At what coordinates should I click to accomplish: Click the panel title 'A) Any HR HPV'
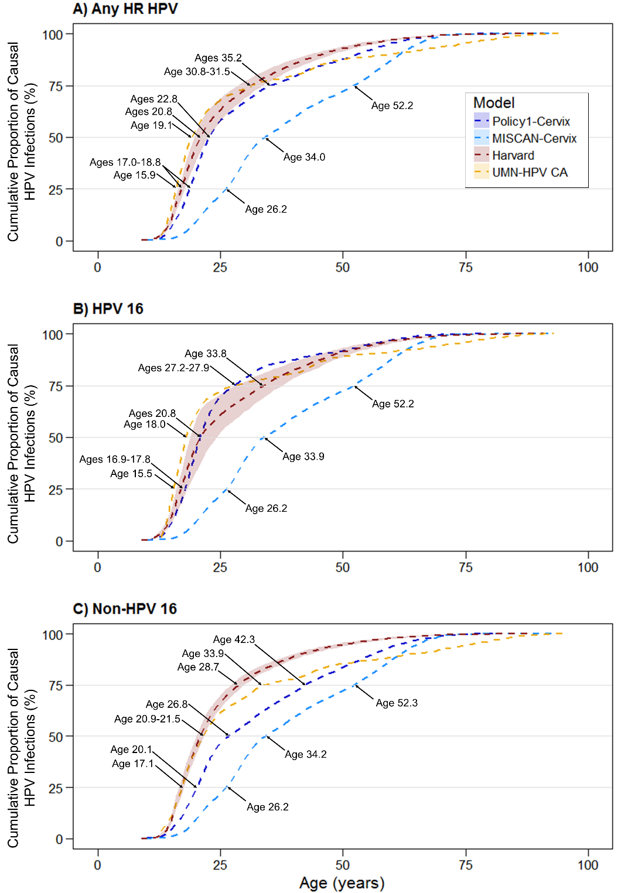[x=125, y=9]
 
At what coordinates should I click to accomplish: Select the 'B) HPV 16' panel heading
[x=108, y=309]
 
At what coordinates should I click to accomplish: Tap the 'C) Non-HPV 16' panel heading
[x=125, y=609]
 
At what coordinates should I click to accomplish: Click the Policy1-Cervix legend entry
[x=530, y=122]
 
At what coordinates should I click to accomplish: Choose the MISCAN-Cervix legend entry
[x=534, y=139]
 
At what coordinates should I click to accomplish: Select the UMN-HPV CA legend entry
[x=529, y=173]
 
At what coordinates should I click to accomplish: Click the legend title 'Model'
[x=494, y=103]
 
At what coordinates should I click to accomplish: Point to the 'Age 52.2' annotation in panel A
[x=392, y=106]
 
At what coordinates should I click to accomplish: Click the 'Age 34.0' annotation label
[x=304, y=158]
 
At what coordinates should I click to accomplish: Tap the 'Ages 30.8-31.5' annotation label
[x=197, y=72]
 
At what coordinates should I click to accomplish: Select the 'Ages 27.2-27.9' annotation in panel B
[x=173, y=368]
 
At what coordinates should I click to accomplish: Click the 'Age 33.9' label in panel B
[x=303, y=457]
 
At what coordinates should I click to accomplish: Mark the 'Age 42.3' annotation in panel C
[x=234, y=640]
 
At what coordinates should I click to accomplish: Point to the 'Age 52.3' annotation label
[x=397, y=703]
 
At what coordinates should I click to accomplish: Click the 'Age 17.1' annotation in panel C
[x=132, y=764]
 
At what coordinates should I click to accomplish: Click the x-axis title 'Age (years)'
[x=342, y=883]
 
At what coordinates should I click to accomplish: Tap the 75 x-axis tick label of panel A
[x=466, y=268]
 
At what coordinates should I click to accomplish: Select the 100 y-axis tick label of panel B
[x=53, y=335]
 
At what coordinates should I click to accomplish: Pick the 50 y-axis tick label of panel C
[x=56, y=737]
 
